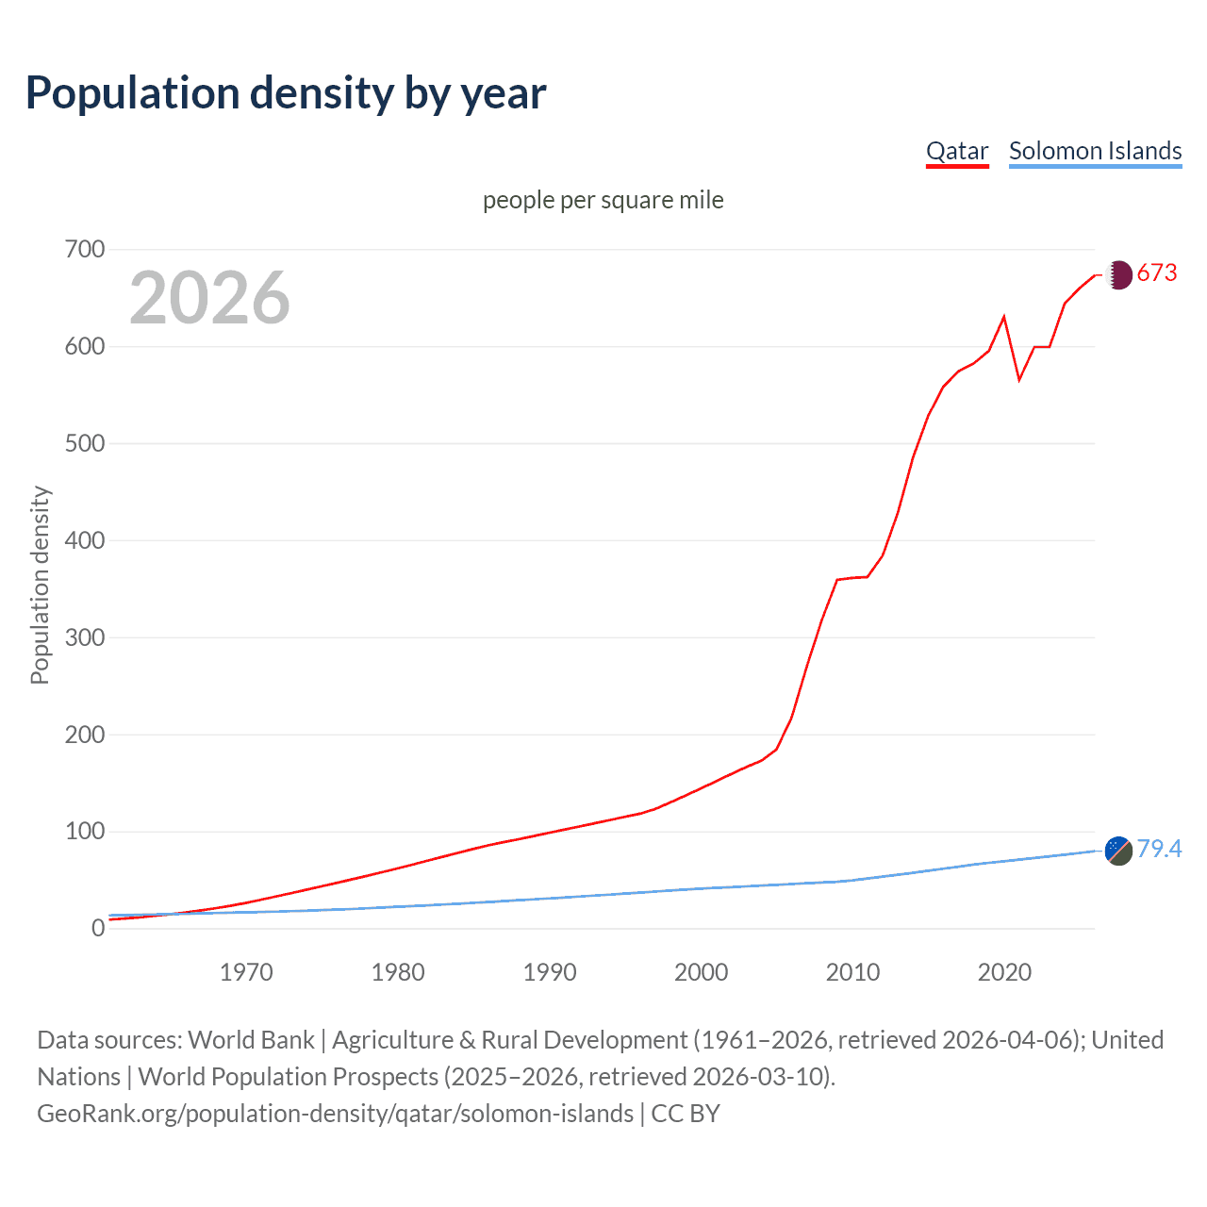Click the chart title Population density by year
[x=286, y=93]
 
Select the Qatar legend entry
[x=957, y=151]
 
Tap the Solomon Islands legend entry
[x=1095, y=151]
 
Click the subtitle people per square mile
[x=603, y=200]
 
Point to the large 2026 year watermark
[x=209, y=298]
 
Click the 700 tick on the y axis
[x=85, y=250]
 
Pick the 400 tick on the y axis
[x=85, y=540]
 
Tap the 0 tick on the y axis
[x=98, y=929]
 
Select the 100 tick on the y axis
[x=85, y=832]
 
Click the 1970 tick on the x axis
[x=246, y=972]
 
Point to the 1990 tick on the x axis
[x=550, y=972]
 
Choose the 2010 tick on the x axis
[x=852, y=972]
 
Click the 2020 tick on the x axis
[x=1004, y=972]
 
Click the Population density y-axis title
[x=40, y=585]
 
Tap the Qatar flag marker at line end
[x=1118, y=274]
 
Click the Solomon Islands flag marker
[x=1118, y=851]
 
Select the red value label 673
[x=1157, y=273]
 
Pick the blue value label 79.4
[x=1159, y=850]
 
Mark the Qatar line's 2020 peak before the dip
[x=1004, y=317]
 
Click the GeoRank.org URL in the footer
[x=335, y=1114]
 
